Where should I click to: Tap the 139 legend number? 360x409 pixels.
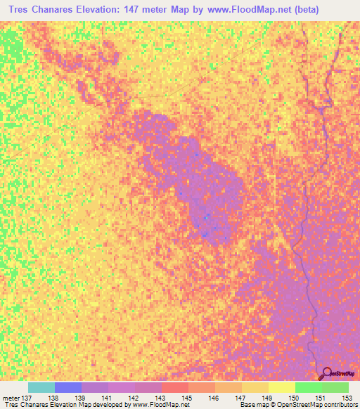pos(82,397)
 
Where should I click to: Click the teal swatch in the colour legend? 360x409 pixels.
pos(41,387)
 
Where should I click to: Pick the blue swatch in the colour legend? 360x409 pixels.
pos(68,387)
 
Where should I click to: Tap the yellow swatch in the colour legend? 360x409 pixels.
pos(282,387)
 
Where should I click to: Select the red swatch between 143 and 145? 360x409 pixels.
pos(175,387)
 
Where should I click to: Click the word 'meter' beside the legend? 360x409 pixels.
pos(11,397)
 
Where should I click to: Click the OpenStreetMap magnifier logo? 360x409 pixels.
pos(326,373)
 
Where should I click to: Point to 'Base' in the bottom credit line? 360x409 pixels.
pos(247,405)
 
